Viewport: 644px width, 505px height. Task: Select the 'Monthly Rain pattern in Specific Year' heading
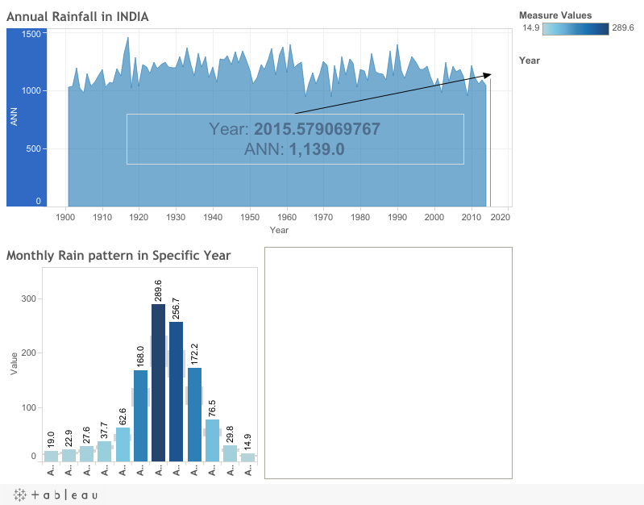point(118,256)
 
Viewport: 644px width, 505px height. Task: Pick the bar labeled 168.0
point(141,416)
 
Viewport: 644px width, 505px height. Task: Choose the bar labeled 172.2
point(194,415)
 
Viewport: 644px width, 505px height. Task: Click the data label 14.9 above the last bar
point(247,442)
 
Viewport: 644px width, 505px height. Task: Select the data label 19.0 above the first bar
point(51,440)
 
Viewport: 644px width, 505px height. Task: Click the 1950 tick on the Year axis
point(250,217)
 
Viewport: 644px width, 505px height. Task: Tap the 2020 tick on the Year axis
point(500,217)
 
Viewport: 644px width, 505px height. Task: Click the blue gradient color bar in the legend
point(575,29)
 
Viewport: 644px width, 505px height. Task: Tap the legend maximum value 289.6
point(623,28)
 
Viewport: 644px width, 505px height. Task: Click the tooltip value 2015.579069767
point(317,129)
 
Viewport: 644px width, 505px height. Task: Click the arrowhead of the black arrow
point(488,74)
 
